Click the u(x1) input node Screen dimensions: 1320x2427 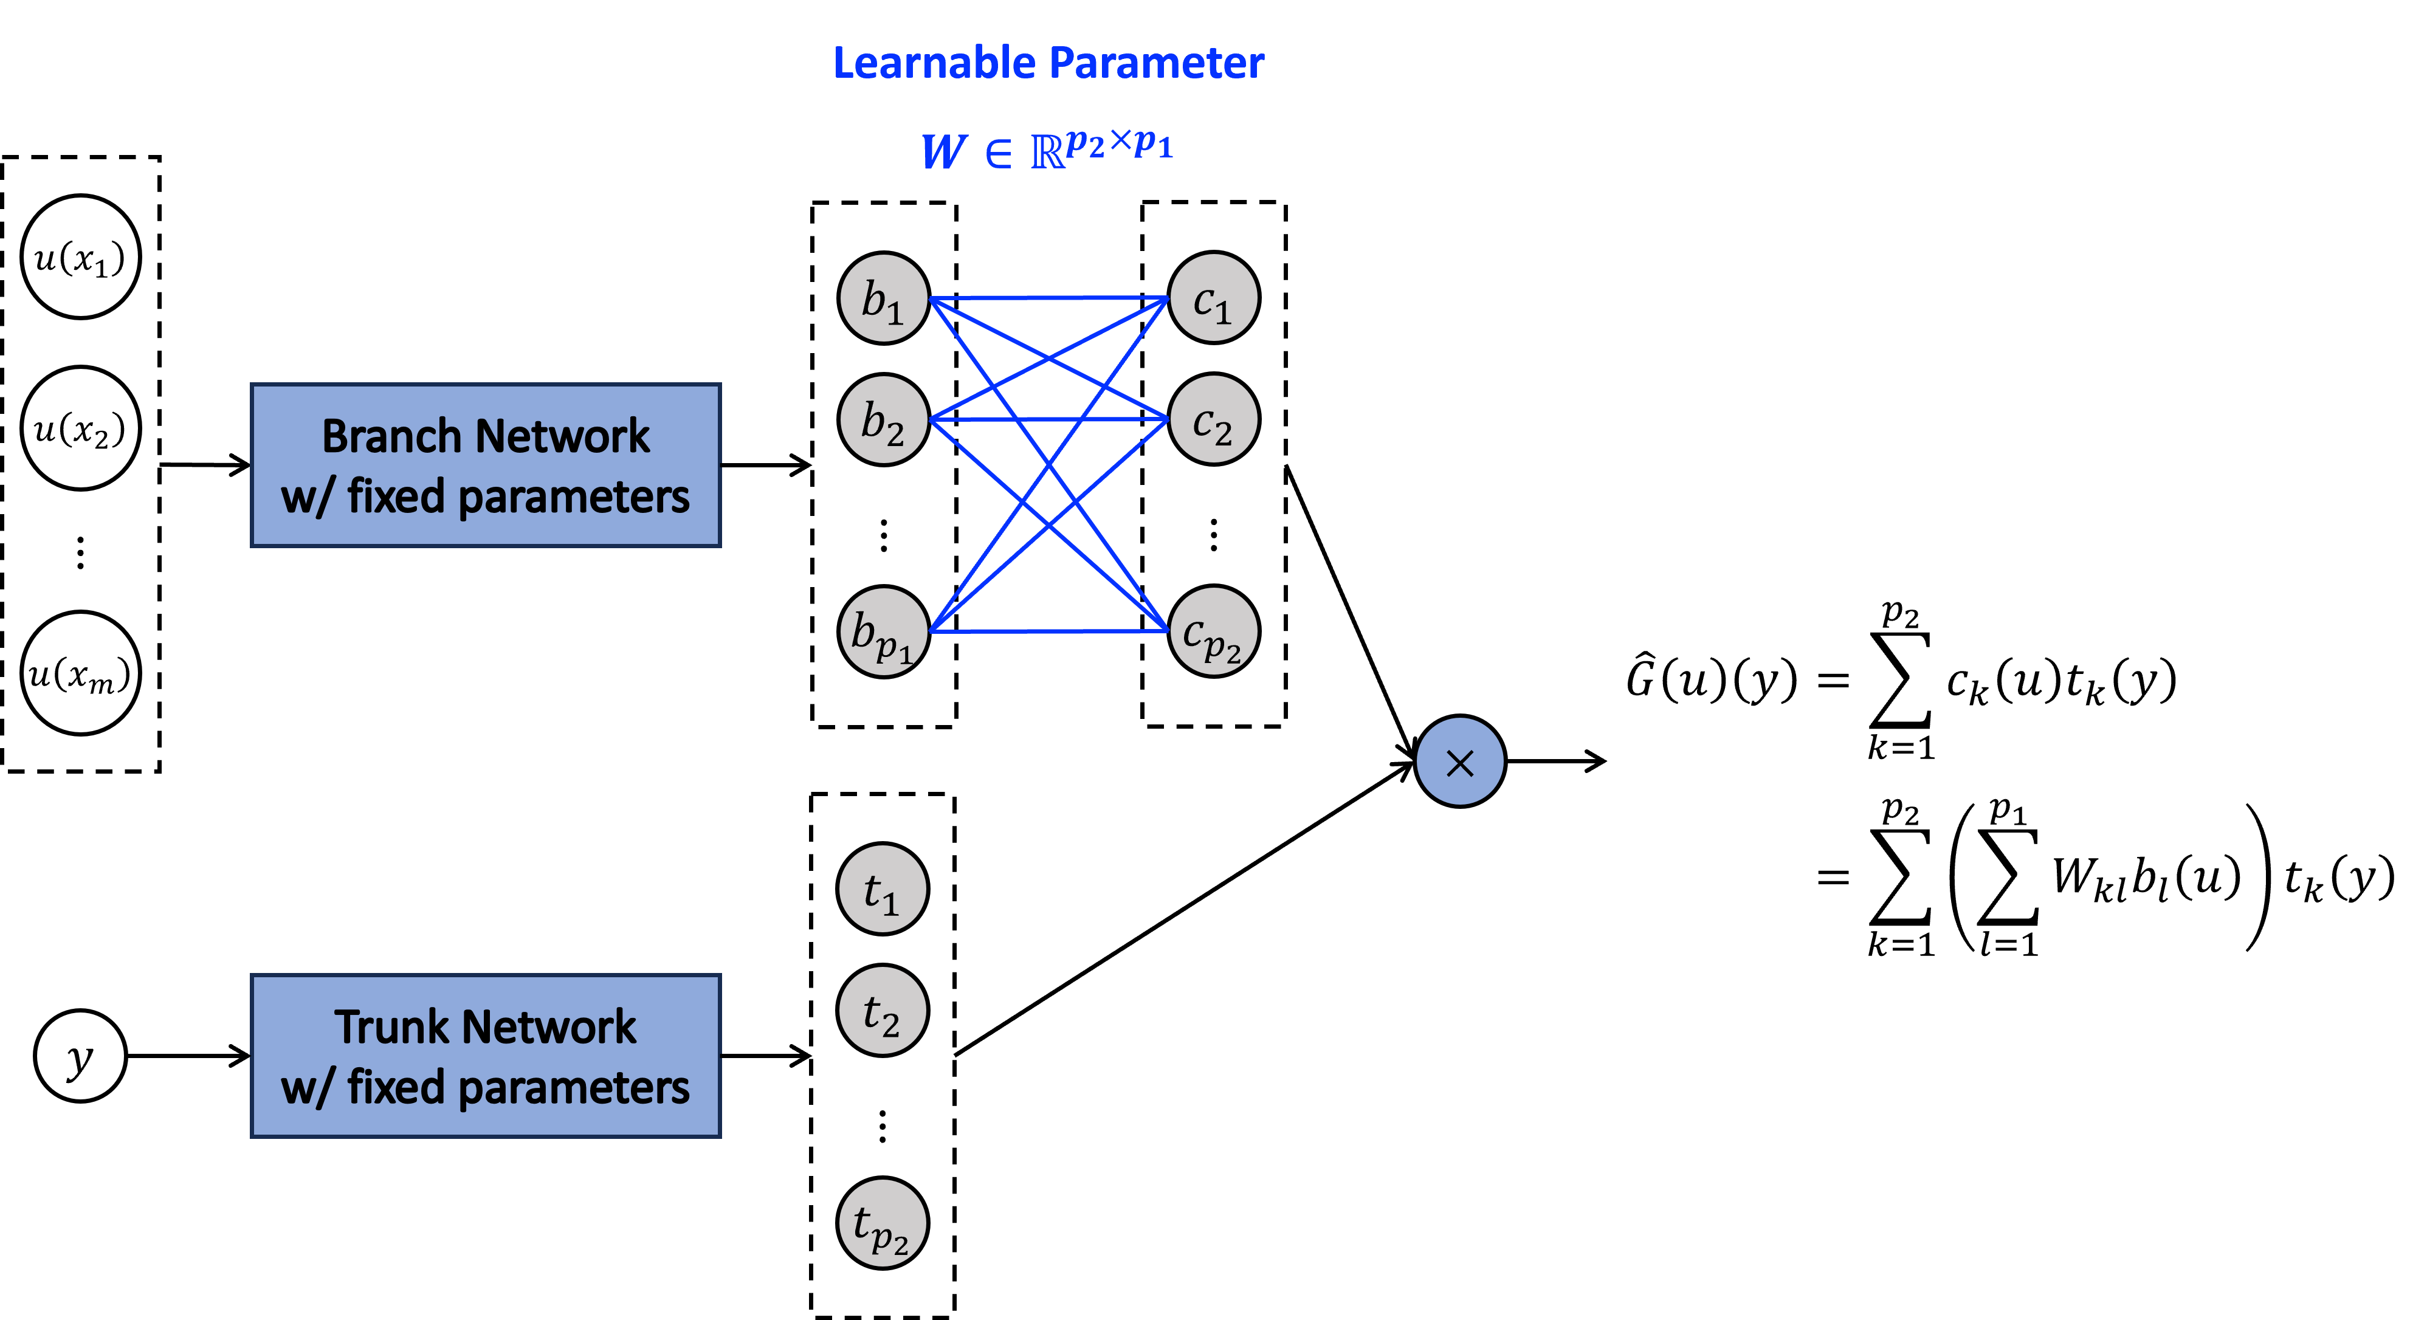point(80,257)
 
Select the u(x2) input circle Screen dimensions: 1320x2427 point(80,428)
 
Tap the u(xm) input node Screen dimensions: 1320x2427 point(80,673)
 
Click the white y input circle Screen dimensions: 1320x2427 point(80,1056)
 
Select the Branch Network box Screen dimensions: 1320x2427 point(485,466)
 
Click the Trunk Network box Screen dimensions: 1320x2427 point(485,1056)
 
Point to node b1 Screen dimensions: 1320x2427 point(883,298)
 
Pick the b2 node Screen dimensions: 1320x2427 point(883,420)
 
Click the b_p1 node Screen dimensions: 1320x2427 point(883,632)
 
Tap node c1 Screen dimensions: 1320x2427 point(1213,298)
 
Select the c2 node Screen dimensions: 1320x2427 point(1213,420)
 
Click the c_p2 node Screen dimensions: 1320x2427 point(1213,632)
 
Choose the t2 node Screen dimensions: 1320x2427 point(883,1011)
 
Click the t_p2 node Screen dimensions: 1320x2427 point(883,1223)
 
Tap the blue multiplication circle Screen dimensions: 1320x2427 point(1459,761)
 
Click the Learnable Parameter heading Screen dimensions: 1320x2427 point(1048,63)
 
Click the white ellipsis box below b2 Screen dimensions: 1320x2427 point(883,525)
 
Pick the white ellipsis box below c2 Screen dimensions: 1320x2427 point(1213,525)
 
